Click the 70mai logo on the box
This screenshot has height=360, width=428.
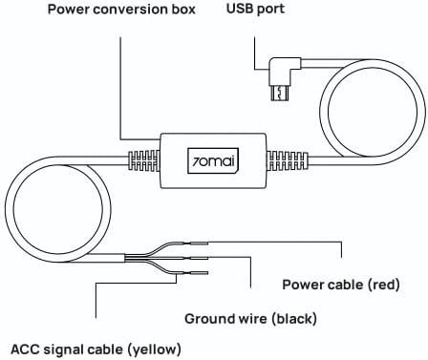click(213, 160)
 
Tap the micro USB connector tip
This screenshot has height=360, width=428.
click(280, 94)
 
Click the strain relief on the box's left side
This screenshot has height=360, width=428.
click(143, 160)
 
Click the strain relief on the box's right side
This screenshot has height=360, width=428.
click(287, 160)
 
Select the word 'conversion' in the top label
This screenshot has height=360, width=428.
click(131, 10)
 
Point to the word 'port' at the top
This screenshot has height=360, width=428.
click(270, 10)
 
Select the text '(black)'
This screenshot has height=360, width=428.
click(294, 319)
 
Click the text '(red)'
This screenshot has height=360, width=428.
click(384, 285)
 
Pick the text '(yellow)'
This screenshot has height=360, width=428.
click(155, 349)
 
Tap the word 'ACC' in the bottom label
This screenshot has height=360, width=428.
click(25, 349)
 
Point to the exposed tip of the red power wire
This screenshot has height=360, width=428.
click(200, 244)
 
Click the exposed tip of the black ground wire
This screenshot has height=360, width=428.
click(200, 258)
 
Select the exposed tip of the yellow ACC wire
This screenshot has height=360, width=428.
click(200, 273)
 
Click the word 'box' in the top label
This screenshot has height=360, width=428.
click(183, 10)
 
